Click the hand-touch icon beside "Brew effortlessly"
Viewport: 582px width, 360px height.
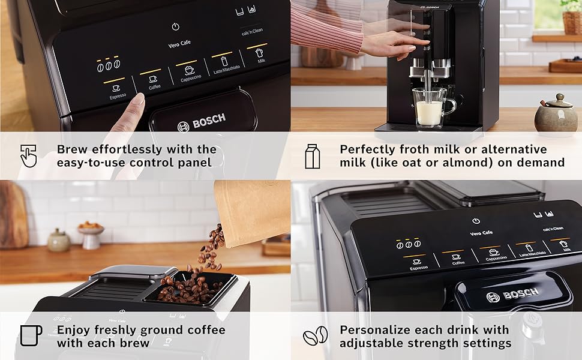28,155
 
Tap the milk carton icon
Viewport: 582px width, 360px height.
312,155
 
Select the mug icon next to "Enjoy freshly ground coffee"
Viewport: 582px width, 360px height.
31,335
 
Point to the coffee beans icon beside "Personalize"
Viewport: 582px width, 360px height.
316,336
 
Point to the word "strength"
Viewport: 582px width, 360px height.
441,343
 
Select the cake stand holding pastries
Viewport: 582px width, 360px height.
91,235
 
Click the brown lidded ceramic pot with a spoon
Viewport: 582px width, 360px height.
555,115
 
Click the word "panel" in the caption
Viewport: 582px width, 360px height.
194,163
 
